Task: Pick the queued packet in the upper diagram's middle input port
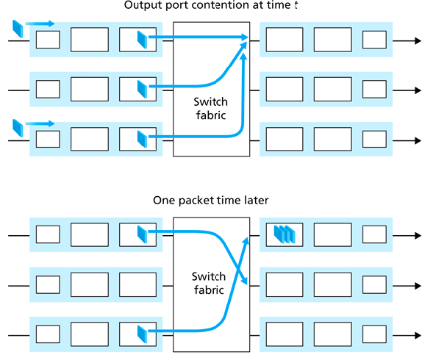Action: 143,90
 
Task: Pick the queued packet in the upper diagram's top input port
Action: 143,38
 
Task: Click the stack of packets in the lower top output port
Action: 285,234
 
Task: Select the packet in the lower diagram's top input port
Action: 143,234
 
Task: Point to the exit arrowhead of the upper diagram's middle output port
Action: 417,90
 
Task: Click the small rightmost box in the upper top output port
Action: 373,39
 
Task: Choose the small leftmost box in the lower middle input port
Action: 48,284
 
